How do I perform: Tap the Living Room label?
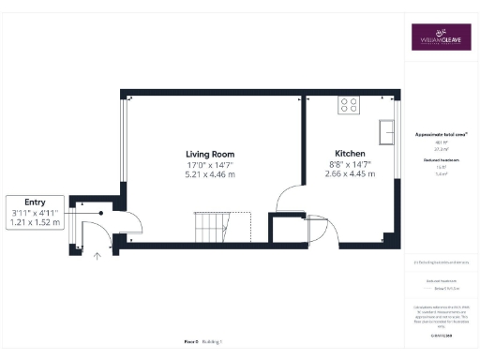coord(209,154)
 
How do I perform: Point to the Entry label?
coord(35,202)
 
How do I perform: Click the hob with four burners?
coord(350,105)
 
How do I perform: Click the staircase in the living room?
coord(210,226)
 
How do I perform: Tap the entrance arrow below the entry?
coord(97,254)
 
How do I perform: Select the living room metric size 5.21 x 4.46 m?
coord(209,174)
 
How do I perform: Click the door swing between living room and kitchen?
coord(289,198)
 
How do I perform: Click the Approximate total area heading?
coord(441,135)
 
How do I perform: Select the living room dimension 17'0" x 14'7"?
coord(209,164)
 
